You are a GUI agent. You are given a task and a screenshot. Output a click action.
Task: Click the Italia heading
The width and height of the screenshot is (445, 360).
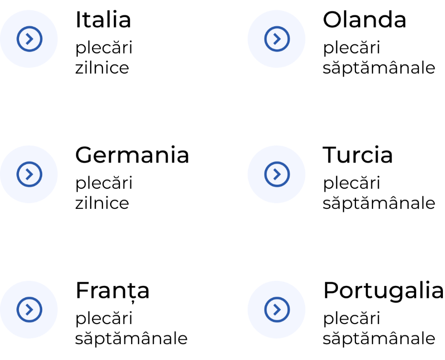[x=103, y=20]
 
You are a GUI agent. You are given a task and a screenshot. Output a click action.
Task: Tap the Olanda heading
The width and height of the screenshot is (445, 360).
[x=364, y=20]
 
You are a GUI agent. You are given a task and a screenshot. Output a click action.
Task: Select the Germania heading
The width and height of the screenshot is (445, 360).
[x=132, y=155]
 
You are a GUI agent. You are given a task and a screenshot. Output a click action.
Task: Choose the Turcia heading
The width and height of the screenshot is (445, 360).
[x=358, y=155]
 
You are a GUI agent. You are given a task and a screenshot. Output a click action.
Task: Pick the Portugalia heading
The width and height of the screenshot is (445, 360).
[x=383, y=291]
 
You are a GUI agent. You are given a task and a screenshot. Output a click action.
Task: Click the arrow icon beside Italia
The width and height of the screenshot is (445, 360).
[x=29, y=39]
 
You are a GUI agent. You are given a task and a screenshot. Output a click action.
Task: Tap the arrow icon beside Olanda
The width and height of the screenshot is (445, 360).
[x=277, y=39]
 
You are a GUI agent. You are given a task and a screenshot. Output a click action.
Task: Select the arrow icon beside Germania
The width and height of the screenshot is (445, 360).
[x=29, y=174]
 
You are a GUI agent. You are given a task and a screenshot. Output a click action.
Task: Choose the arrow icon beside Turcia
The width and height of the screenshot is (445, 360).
[x=277, y=174]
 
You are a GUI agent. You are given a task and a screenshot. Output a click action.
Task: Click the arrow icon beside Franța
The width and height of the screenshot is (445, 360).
[x=29, y=310]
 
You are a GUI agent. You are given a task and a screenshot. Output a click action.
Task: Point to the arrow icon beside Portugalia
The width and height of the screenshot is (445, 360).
[x=277, y=310]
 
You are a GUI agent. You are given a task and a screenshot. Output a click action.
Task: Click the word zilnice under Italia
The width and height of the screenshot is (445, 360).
[x=102, y=67]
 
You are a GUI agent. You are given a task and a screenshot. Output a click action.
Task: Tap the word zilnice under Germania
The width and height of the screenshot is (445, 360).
[x=102, y=203]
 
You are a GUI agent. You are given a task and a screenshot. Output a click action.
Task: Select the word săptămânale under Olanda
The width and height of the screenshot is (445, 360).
[x=379, y=68]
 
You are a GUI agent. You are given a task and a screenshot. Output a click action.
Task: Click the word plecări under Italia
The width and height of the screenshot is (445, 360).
[x=104, y=48]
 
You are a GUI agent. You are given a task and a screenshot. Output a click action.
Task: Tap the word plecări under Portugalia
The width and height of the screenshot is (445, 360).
[x=352, y=318]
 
